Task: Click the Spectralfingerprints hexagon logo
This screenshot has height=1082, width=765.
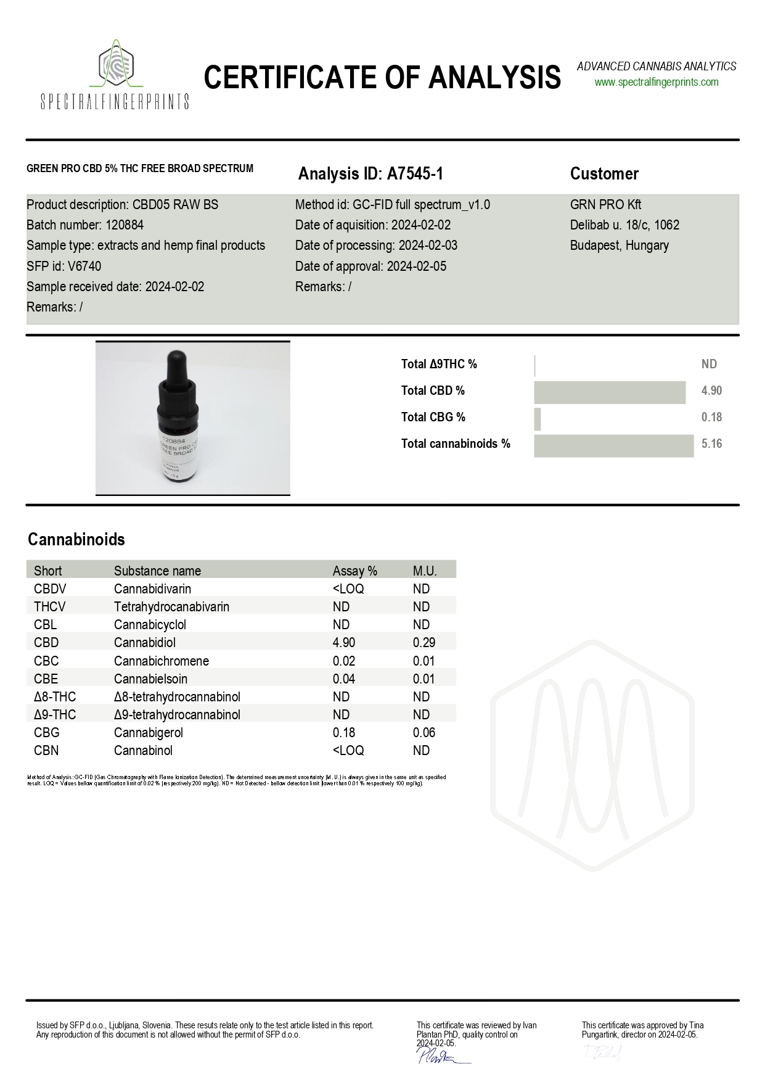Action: click(x=116, y=65)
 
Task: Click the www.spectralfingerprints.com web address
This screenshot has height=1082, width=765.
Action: click(x=656, y=82)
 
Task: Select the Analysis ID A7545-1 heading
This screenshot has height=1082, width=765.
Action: click(x=370, y=174)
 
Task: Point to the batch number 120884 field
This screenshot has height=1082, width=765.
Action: click(x=85, y=225)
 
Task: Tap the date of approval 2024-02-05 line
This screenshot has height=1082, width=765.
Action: click(x=370, y=266)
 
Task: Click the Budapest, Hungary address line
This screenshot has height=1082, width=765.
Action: click(x=619, y=246)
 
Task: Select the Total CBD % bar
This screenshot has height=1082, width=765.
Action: click(x=609, y=392)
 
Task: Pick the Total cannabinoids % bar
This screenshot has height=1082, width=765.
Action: click(x=613, y=445)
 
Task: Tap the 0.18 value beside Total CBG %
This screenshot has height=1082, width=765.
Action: click(x=711, y=418)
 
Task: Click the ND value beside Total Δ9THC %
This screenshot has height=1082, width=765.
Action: click(x=709, y=365)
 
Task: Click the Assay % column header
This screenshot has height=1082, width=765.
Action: click(x=354, y=571)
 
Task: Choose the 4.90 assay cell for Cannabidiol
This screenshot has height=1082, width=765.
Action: click(x=344, y=643)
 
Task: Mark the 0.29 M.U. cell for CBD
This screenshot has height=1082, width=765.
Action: click(x=423, y=643)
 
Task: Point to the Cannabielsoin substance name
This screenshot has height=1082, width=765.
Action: click(x=150, y=679)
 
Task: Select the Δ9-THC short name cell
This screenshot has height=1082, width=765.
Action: click(x=55, y=715)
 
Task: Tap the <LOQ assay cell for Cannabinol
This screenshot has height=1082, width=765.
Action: click(x=348, y=751)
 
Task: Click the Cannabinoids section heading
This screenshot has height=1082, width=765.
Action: click(x=76, y=540)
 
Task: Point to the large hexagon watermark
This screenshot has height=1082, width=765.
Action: click(x=592, y=740)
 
